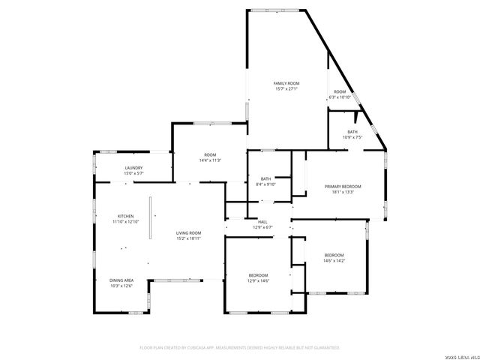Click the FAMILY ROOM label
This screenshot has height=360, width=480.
286,83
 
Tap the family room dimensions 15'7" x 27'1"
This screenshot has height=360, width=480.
286,89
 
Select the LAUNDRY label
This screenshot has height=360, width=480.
133,168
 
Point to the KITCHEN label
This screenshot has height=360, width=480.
125,216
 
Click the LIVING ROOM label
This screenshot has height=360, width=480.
188,233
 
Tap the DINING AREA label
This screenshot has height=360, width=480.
121,280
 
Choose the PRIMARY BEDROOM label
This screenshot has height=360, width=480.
342,186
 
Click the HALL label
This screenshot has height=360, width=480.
262,222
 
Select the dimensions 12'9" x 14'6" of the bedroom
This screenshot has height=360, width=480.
258,281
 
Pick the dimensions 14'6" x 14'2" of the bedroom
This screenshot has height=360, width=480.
334,261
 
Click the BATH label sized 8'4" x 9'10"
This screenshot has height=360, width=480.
265,178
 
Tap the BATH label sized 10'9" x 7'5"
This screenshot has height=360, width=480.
352,132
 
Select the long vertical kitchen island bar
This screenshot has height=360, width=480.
150,218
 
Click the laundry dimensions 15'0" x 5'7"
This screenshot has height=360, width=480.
133,173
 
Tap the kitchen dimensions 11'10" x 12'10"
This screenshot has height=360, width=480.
125,222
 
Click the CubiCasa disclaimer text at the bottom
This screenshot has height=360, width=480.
240,348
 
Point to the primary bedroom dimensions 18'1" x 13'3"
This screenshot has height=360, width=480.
342,192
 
